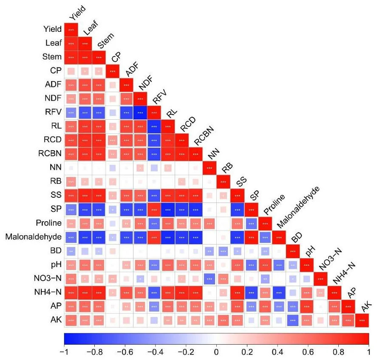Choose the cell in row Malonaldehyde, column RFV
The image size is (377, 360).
(x=154, y=237)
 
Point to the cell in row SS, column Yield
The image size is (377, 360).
(x=71, y=195)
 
